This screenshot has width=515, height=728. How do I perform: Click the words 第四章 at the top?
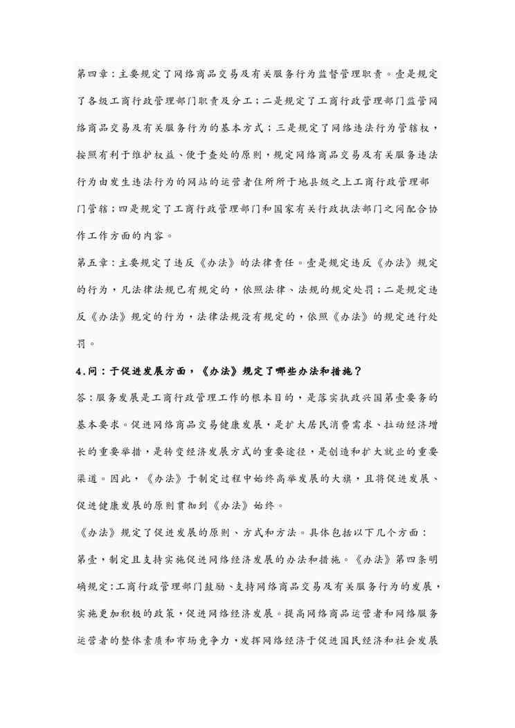coord(91,72)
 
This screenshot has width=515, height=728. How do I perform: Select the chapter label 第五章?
coord(91,264)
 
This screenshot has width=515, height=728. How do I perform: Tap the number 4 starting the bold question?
coord(79,370)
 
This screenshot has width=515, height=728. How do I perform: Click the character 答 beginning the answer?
coord(81,399)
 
